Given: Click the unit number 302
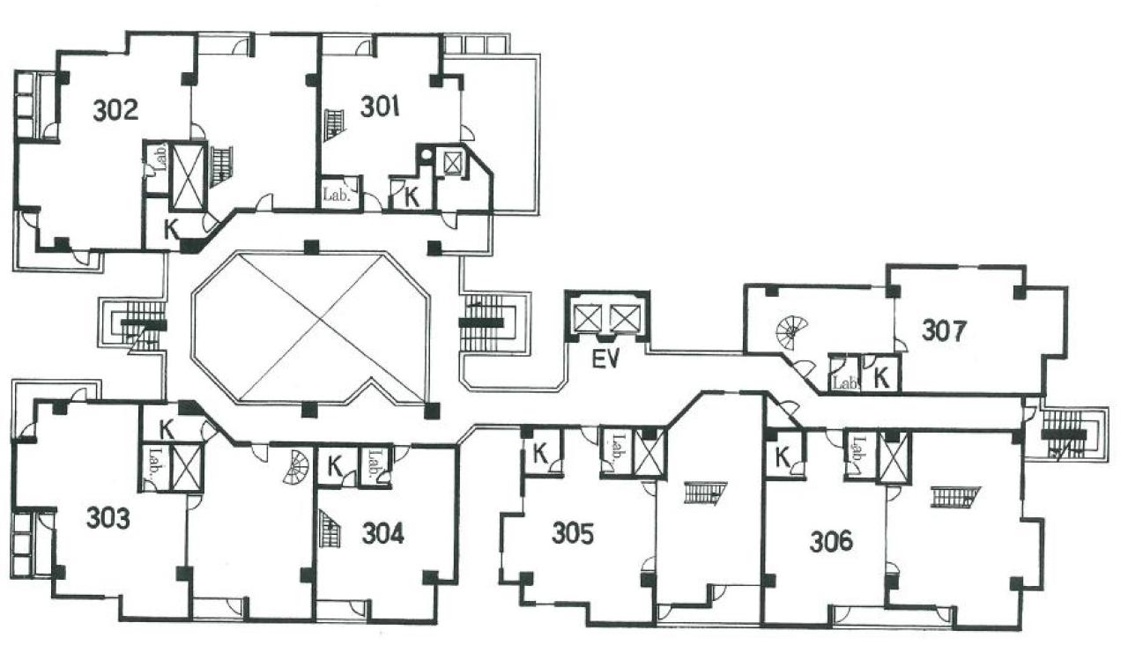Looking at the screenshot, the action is click(115, 110).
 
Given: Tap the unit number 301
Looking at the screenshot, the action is click(380, 107).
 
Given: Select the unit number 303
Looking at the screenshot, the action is click(108, 518).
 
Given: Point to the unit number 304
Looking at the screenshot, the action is click(382, 534).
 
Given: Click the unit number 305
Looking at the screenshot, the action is click(573, 534).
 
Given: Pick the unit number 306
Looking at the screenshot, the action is click(831, 542).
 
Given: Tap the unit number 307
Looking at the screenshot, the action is click(944, 331).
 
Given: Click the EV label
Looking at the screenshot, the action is click(605, 359).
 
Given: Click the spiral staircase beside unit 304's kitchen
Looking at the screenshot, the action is click(297, 467).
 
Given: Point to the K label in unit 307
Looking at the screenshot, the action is click(881, 378).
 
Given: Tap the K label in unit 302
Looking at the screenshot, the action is click(172, 230).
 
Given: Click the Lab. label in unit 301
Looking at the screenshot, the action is click(336, 195).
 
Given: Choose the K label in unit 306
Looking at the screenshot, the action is click(782, 457).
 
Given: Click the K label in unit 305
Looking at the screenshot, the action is click(540, 454).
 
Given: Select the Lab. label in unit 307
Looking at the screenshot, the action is click(844, 383).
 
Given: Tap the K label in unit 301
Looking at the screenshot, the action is click(412, 197).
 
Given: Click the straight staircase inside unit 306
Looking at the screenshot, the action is click(956, 497).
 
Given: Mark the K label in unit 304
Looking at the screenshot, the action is click(335, 467).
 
